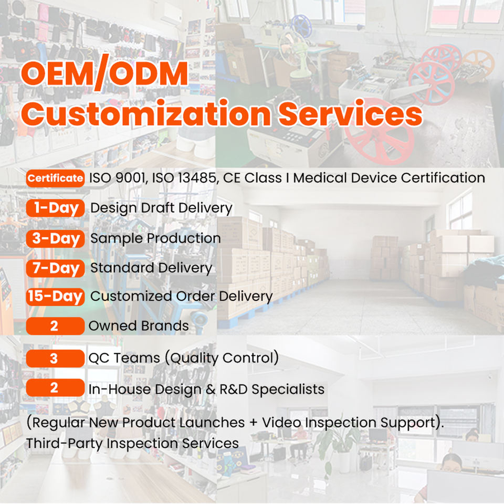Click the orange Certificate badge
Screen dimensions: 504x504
coord(55,178)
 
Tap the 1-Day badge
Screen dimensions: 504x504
coord(55,208)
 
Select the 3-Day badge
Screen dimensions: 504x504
coord(55,238)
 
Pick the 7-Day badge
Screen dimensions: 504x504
coord(55,268)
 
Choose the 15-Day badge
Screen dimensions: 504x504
coord(55,297)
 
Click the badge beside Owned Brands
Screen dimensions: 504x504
coord(55,326)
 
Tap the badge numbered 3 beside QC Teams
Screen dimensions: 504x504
coord(55,359)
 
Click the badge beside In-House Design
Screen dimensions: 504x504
coord(55,387)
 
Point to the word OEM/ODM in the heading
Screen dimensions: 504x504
coord(104,73)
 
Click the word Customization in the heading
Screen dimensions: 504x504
coord(146,114)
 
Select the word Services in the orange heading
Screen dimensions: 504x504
coord(350,114)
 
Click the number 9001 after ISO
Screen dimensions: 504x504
coord(130,178)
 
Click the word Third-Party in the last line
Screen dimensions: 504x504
coord(64,444)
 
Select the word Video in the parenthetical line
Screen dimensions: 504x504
coord(281,422)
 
